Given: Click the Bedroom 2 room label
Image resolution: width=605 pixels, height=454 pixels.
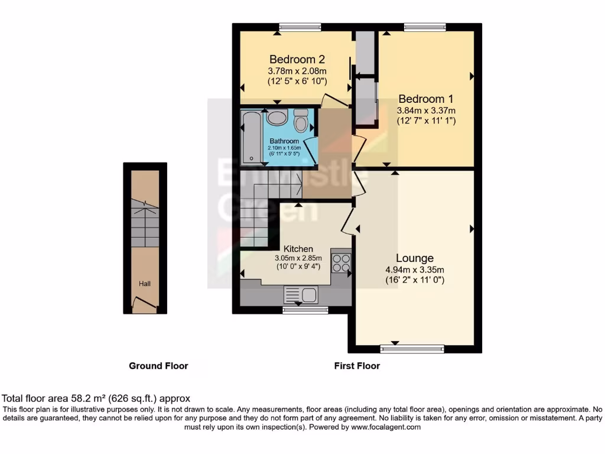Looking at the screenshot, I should point(297,59).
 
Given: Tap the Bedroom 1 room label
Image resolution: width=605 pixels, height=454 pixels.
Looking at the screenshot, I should point(426,99).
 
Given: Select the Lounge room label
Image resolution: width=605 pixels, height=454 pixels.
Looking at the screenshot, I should point(414,258).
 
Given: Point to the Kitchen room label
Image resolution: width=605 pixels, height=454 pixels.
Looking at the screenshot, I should point(298,249).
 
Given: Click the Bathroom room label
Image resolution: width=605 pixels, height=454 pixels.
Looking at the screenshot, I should point(284,141).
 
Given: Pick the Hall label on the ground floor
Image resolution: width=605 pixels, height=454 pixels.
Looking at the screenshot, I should point(145,284).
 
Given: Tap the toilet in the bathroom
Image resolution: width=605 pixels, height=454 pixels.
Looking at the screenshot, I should point(301,121).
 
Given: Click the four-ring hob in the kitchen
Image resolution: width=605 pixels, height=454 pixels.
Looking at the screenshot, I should point(341,262).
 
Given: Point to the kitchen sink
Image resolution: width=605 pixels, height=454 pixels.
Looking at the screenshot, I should point(301,293).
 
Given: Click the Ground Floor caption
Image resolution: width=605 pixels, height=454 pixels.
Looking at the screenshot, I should point(158,366).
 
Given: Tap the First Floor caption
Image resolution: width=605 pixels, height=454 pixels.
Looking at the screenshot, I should point(357,366).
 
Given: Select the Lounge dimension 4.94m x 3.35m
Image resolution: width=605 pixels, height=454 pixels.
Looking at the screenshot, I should point(414,270).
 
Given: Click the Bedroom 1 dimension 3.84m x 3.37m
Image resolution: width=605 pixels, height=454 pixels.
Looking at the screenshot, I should point(426,110).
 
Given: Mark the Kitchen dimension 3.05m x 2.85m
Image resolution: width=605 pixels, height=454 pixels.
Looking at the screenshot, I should point(298,258).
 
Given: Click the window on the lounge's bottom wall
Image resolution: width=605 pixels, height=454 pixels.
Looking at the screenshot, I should point(412,349).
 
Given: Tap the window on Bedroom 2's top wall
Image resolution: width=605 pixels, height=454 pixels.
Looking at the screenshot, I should point(300,27).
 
